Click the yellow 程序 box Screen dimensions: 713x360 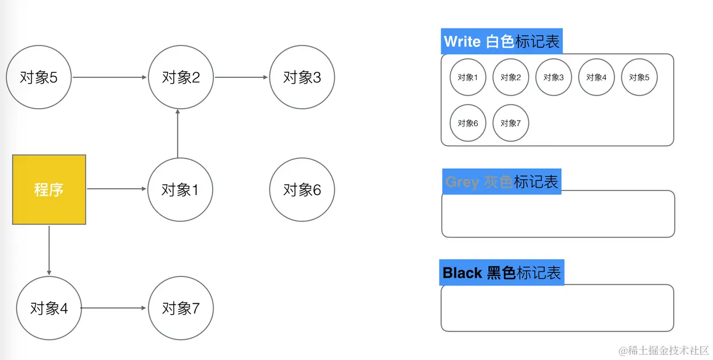[49, 189]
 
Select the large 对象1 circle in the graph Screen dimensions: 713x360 [180, 189]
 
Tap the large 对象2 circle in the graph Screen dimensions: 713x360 [181, 77]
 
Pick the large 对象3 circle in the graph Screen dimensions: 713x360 [302, 77]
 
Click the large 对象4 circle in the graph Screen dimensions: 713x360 [49, 308]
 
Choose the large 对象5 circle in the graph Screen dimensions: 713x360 [39, 77]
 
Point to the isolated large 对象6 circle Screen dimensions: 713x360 [302, 189]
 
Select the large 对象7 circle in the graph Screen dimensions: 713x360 [181, 308]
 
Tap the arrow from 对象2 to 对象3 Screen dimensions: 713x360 [241, 77]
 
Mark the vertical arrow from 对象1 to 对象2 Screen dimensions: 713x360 [178, 133]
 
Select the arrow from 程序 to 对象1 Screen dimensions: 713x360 [116, 189]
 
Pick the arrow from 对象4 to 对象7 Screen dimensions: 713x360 [113, 308]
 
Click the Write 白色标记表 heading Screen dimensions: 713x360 [501, 42]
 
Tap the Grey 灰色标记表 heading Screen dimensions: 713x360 [501, 181]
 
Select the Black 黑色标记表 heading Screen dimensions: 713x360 [502, 272]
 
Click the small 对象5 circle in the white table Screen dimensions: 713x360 [639, 77]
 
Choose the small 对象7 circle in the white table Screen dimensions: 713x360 [511, 123]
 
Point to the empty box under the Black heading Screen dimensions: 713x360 [557, 308]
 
